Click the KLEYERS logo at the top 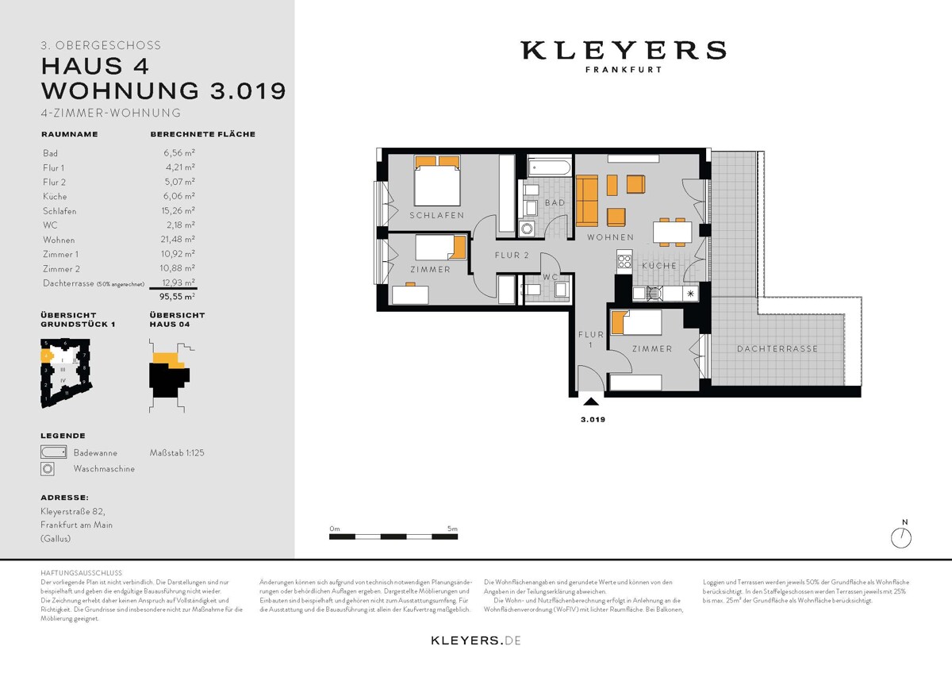[623, 51]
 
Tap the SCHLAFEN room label [436, 215]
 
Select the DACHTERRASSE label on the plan [777, 349]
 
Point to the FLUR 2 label [512, 256]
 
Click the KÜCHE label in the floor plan [659, 266]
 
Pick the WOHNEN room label [610, 237]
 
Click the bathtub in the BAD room [548, 167]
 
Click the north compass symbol [901, 537]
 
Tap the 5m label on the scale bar [452, 528]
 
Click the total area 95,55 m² [177, 296]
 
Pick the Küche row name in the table [55, 196]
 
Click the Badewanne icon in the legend [53, 452]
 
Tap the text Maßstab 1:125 [177, 452]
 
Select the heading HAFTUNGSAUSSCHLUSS [81, 572]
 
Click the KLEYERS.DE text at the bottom [475, 640]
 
